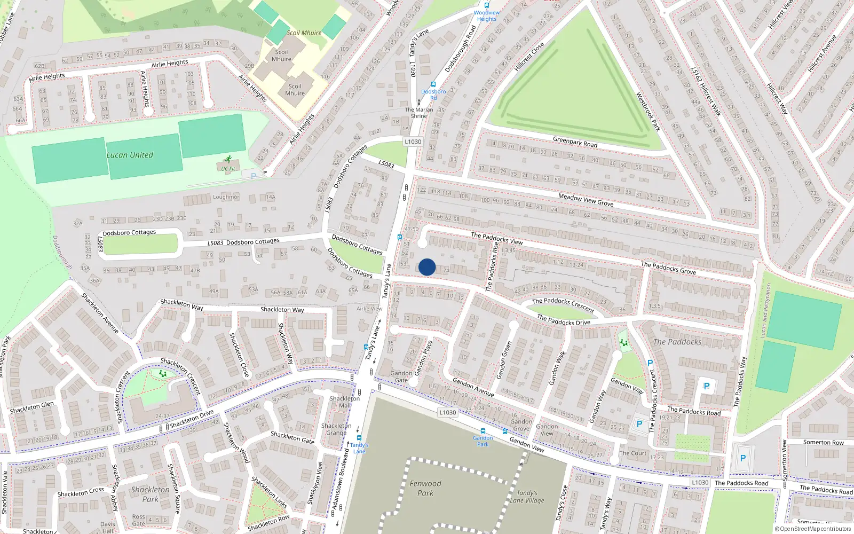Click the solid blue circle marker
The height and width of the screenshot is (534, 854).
pyautogui.click(x=427, y=267)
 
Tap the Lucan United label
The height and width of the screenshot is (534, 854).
pyautogui.click(x=130, y=155)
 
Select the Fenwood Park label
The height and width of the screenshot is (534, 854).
pyautogui.click(x=425, y=488)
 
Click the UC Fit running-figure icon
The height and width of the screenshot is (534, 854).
pyautogui.click(x=228, y=160)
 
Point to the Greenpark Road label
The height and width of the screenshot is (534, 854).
pyautogui.click(x=575, y=142)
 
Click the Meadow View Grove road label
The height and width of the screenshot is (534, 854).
pyautogui.click(x=586, y=200)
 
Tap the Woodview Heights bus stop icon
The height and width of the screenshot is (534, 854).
pyautogui.click(x=486, y=5)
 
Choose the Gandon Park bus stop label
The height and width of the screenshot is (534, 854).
pyautogui.click(x=483, y=441)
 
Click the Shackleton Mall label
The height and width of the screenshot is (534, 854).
pyautogui.click(x=345, y=402)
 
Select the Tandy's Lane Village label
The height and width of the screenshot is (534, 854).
pyautogui.click(x=527, y=497)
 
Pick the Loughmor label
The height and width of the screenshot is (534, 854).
pyautogui.click(x=226, y=197)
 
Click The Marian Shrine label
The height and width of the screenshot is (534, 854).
pyautogui.click(x=419, y=113)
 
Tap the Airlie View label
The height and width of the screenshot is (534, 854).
pyautogui.click(x=369, y=309)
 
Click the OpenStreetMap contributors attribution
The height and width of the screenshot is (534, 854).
pyautogui.click(x=813, y=529)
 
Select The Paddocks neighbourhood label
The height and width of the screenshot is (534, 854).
pyautogui.click(x=677, y=342)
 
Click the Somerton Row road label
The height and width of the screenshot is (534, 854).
pyautogui.click(x=823, y=442)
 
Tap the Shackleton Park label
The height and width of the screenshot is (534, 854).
pyautogui.click(x=151, y=494)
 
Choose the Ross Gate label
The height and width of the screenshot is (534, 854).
pyautogui.click(x=138, y=520)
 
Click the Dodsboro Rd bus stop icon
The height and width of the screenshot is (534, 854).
pyautogui.click(x=433, y=84)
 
